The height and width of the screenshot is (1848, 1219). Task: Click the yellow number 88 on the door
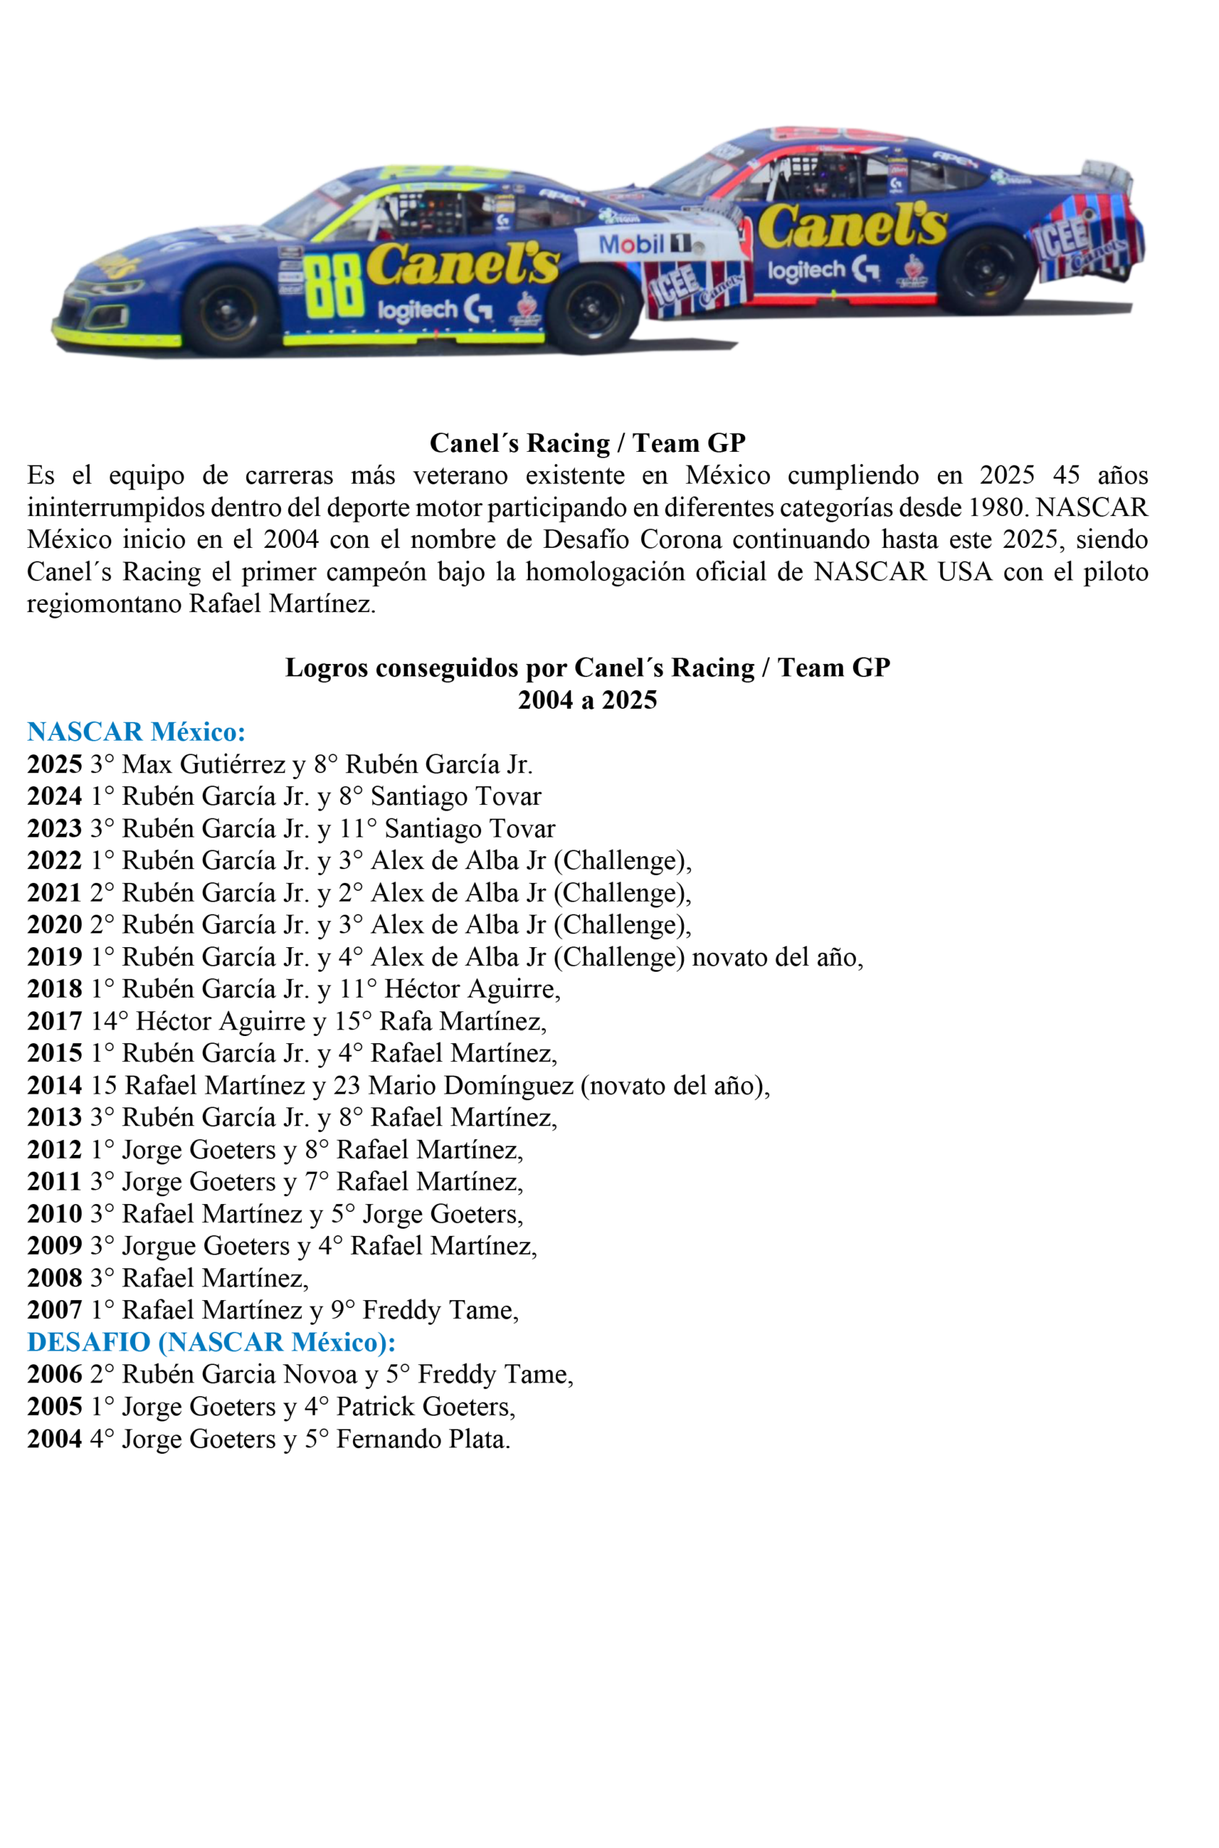(334, 286)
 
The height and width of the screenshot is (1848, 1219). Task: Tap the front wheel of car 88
(227, 311)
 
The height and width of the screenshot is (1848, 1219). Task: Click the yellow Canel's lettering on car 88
(464, 264)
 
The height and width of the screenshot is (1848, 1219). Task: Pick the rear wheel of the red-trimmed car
(986, 271)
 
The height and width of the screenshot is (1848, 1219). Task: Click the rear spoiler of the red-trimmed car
(1107, 172)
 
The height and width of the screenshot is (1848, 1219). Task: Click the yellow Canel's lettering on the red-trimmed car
(853, 225)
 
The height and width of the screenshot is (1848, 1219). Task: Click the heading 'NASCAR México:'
(136, 731)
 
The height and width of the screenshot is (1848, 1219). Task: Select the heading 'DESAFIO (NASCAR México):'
(211, 1342)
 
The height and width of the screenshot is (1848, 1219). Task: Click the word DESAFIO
(89, 1342)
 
